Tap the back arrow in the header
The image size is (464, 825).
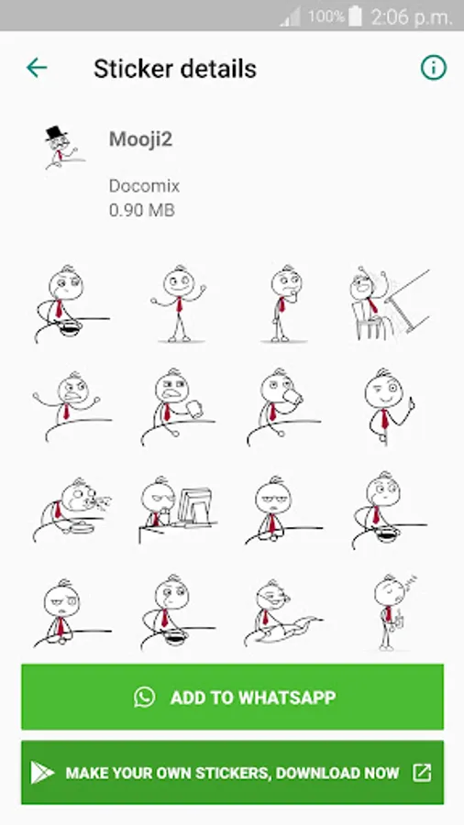click(x=37, y=68)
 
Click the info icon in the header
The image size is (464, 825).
click(x=434, y=68)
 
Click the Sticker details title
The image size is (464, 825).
click(x=174, y=69)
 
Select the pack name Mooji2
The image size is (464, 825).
click(x=140, y=139)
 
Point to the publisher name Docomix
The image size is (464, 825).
click(x=144, y=186)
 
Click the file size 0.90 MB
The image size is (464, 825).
click(x=141, y=210)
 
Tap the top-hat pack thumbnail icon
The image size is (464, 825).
click(x=63, y=148)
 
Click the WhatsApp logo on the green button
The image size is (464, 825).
click(x=144, y=697)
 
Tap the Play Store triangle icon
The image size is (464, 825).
click(x=42, y=773)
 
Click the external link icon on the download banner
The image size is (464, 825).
click(x=422, y=773)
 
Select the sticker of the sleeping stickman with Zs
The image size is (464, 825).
click(x=392, y=612)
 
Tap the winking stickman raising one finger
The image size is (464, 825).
click(x=388, y=406)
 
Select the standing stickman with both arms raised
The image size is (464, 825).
click(x=179, y=303)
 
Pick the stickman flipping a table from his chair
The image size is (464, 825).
click(x=390, y=303)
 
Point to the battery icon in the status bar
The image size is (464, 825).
click(x=355, y=16)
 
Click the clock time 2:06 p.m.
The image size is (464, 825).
click(x=412, y=17)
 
